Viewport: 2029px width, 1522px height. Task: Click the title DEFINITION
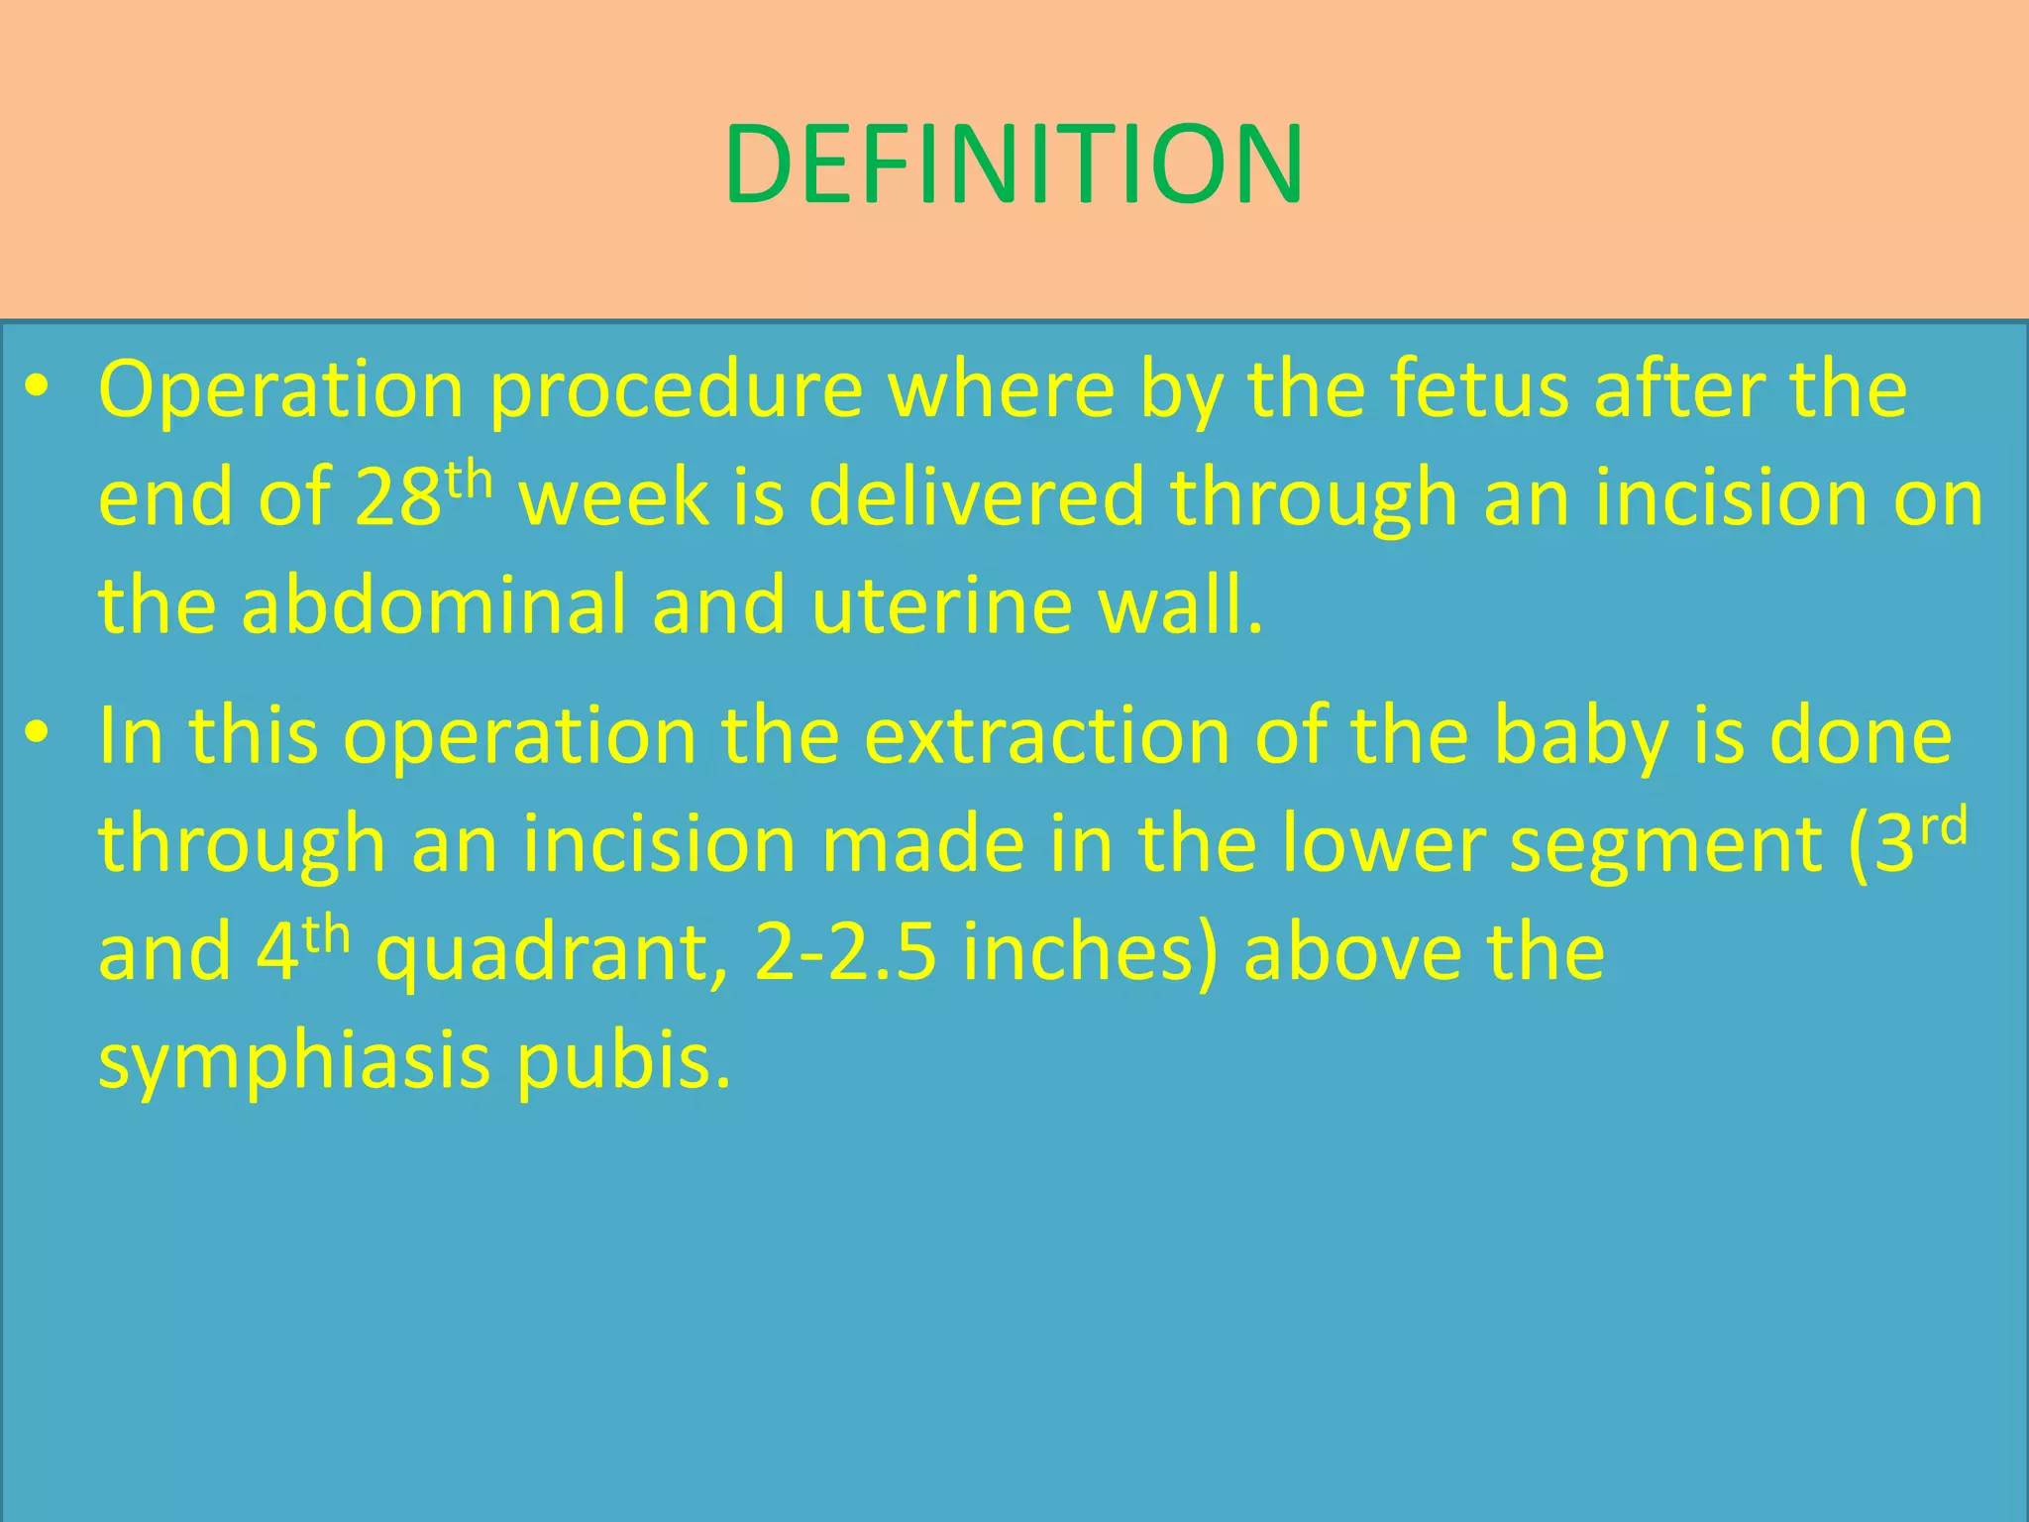1013,164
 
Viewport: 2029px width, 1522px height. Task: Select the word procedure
677,390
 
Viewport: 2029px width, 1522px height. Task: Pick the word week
614,498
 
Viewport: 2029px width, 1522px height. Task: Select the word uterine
942,605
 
